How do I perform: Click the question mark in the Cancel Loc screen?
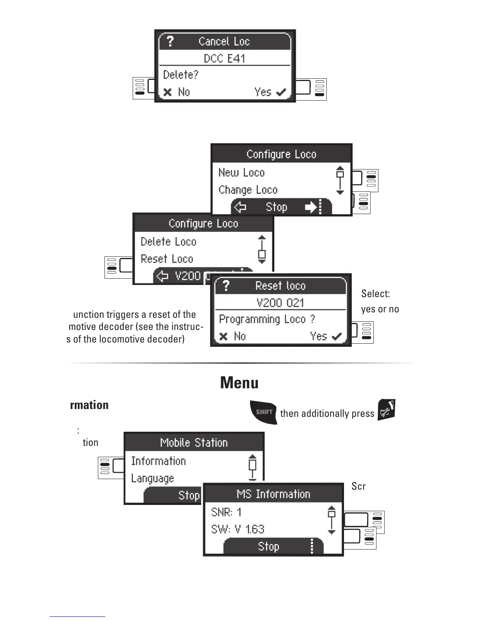170,41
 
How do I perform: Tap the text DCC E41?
224,58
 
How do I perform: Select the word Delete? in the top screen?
180,74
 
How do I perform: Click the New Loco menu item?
241,172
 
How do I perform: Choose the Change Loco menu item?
248,190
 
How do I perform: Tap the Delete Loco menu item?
168,242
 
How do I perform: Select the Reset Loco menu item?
167,259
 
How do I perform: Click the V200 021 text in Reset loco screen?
280,303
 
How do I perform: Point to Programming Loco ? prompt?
267,319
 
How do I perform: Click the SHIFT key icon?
264,412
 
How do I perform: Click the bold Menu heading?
239,382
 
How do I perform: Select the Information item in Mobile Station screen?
158,461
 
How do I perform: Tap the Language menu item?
152,478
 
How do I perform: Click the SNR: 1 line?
226,512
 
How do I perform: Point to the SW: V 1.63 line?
238,529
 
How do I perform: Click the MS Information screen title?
273,494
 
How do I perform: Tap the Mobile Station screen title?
194,443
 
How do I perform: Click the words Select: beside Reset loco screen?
375,294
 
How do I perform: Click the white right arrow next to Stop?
311,207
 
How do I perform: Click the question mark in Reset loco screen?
226,286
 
